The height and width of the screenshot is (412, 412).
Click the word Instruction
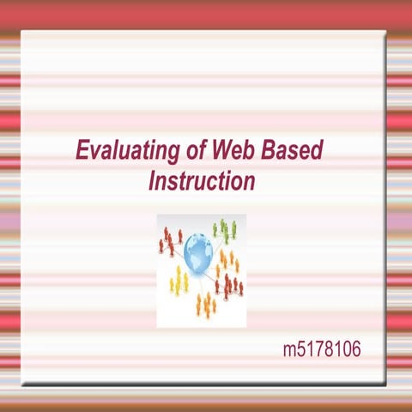pyautogui.click(x=203, y=181)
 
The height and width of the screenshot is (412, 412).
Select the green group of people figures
pyautogui.click(x=225, y=229)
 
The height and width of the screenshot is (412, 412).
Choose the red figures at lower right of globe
pyautogui.click(x=231, y=286)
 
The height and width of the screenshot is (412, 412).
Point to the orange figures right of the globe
pyautogui.click(x=229, y=258)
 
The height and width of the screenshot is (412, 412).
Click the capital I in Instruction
pyautogui.click(x=153, y=181)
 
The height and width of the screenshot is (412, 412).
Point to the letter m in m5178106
pyautogui.click(x=290, y=350)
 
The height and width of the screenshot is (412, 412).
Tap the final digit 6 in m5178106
pyautogui.click(x=352, y=349)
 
